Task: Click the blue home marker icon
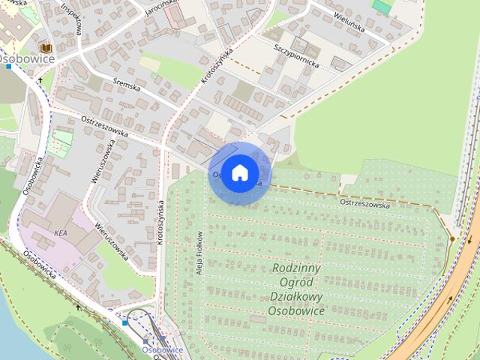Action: point(238,172)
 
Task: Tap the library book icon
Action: point(46,47)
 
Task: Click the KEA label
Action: point(61,233)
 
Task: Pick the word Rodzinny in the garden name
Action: point(297,268)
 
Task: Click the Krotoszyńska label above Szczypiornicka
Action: point(217,65)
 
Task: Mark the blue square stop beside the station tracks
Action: point(125,322)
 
